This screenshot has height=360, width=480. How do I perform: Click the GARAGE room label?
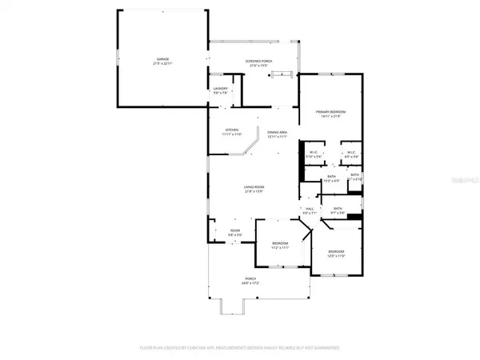[x=162, y=62]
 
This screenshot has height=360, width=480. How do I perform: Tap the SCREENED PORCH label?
[x=257, y=62]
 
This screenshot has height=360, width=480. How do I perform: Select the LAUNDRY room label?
[x=220, y=90]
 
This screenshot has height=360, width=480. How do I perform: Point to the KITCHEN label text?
[x=232, y=132]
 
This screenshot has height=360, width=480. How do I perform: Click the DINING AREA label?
[x=278, y=134]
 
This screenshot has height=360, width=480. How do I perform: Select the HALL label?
[x=309, y=211]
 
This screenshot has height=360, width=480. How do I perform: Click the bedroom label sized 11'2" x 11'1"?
[x=279, y=245]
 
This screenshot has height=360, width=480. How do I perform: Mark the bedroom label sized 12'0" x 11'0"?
[x=335, y=254]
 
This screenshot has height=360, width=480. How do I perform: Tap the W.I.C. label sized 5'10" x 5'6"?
[x=314, y=154]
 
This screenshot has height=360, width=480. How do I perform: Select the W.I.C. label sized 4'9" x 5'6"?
[x=350, y=154]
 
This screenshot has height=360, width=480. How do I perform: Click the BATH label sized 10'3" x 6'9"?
[x=332, y=179]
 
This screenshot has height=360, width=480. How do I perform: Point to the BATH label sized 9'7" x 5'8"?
[x=338, y=210]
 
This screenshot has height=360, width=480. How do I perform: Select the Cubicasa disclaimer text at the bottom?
[x=240, y=348]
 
